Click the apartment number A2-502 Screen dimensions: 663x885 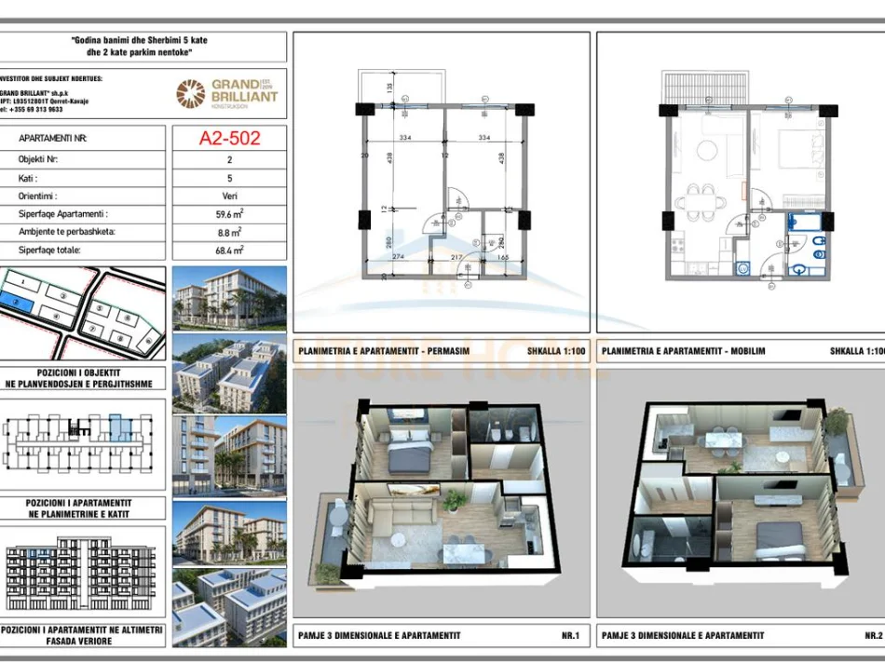coord(229,138)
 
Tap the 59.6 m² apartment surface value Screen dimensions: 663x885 coord(229,213)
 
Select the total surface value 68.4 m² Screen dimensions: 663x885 coord(229,250)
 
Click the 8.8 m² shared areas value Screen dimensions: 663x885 coord(229,232)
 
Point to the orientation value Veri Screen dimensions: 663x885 coord(229,196)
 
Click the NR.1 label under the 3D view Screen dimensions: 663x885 coord(570,635)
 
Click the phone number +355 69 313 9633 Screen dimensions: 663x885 coord(33,109)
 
